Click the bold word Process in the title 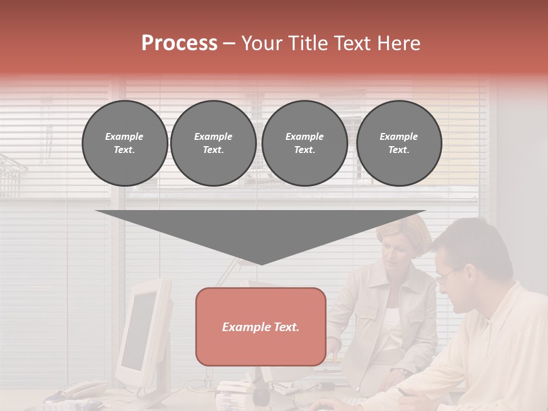click(x=179, y=43)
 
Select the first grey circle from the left click(x=124, y=143)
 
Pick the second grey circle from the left click(x=213, y=143)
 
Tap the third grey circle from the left click(x=304, y=143)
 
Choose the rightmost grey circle click(x=398, y=143)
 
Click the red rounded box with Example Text click(x=261, y=327)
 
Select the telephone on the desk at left click(x=80, y=390)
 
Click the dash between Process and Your click(x=229, y=43)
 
